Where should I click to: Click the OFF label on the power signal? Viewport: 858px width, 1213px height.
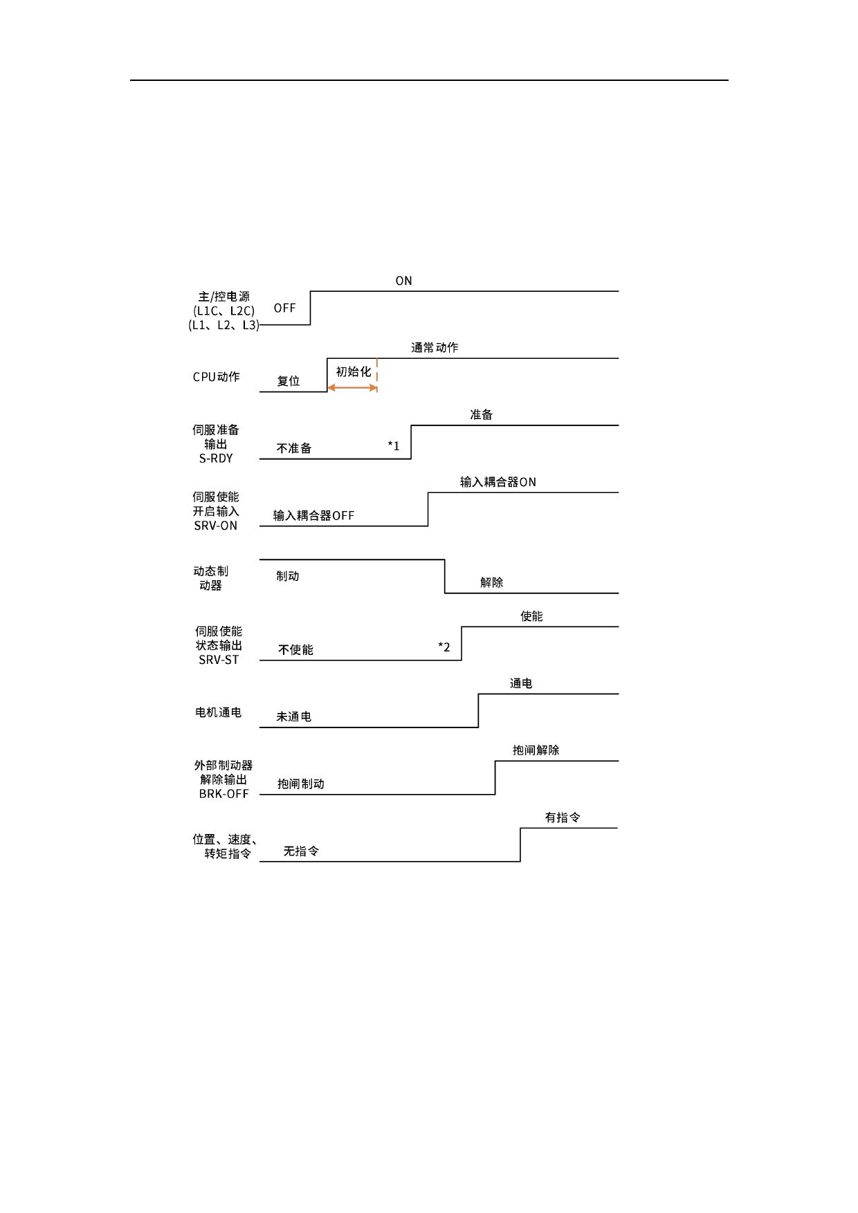pyautogui.click(x=284, y=308)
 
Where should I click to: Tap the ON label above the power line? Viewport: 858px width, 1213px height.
pyautogui.click(x=403, y=281)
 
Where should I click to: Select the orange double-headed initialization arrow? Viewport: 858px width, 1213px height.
pyautogui.click(x=352, y=388)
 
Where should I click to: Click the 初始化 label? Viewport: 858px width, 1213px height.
pyautogui.click(x=353, y=372)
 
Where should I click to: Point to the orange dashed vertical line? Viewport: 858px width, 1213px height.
pyautogui.click(x=377, y=374)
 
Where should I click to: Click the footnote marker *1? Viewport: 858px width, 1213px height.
pyautogui.click(x=394, y=446)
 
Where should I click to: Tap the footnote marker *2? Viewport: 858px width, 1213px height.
pyautogui.click(x=444, y=647)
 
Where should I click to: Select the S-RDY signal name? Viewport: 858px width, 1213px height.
pyautogui.click(x=216, y=459)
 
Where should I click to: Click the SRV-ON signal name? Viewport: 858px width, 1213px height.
pyautogui.click(x=216, y=526)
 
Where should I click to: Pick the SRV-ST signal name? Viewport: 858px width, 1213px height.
pyautogui.click(x=219, y=660)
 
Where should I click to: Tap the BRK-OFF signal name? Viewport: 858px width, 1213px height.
pyautogui.click(x=223, y=794)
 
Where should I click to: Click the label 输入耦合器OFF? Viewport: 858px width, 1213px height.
pyautogui.click(x=313, y=516)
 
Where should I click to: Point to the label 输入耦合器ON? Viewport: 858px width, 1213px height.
pyautogui.click(x=498, y=482)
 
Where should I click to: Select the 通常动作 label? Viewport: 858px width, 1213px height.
pyautogui.click(x=435, y=348)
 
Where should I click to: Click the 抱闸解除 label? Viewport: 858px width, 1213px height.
pyautogui.click(x=536, y=750)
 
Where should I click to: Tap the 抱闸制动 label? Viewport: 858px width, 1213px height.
pyautogui.click(x=300, y=784)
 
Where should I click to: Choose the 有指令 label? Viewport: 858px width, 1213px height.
pyautogui.click(x=562, y=817)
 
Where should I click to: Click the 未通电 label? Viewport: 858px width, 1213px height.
pyautogui.click(x=293, y=717)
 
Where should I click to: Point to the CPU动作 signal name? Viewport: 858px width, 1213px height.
pyautogui.click(x=216, y=377)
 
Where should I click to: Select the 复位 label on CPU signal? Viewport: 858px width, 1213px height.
pyautogui.click(x=288, y=381)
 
